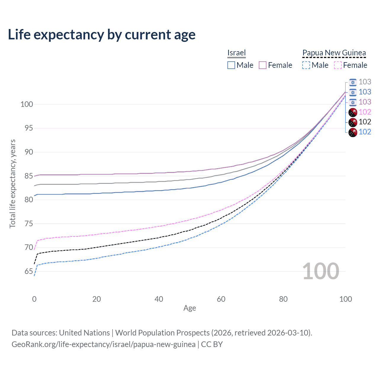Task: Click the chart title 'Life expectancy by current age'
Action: (x=102, y=35)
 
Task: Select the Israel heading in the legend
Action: (x=236, y=53)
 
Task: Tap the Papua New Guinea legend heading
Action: (x=334, y=53)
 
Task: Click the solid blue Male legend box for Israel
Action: (x=231, y=65)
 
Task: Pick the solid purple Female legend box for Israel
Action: (x=263, y=65)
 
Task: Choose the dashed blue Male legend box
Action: (x=306, y=65)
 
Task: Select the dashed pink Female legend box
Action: (x=338, y=65)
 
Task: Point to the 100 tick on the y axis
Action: (x=27, y=104)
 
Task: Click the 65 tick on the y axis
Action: (x=29, y=271)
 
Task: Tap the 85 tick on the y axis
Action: (x=29, y=176)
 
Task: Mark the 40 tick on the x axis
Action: (x=159, y=299)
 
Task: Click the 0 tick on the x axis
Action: (x=34, y=299)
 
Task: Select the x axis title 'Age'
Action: (x=189, y=308)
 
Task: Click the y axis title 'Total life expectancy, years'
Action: (x=12, y=184)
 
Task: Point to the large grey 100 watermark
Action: (x=321, y=271)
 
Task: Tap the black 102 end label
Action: (x=365, y=122)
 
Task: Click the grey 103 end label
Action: (x=365, y=82)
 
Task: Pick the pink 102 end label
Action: (x=365, y=112)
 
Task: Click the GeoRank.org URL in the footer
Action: (x=103, y=344)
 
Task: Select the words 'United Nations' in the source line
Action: (x=84, y=333)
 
